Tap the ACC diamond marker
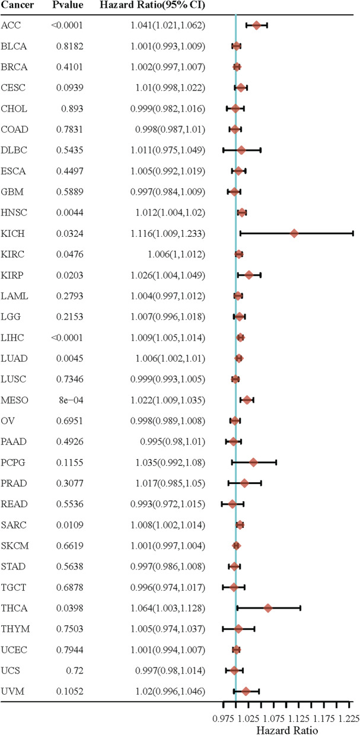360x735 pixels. point(257,25)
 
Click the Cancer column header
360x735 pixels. point(17,6)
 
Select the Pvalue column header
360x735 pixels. point(66,6)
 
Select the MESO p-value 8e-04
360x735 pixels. point(71,400)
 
